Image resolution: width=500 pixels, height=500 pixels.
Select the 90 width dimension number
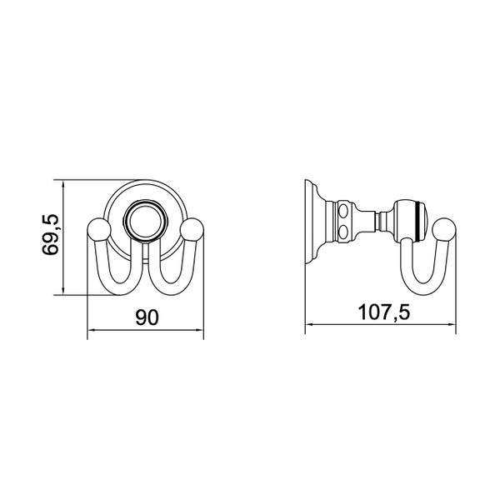[x=146, y=317]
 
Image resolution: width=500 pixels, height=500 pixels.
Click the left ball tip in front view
[x=97, y=229]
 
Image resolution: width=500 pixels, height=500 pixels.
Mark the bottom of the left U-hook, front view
[x=119, y=292]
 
